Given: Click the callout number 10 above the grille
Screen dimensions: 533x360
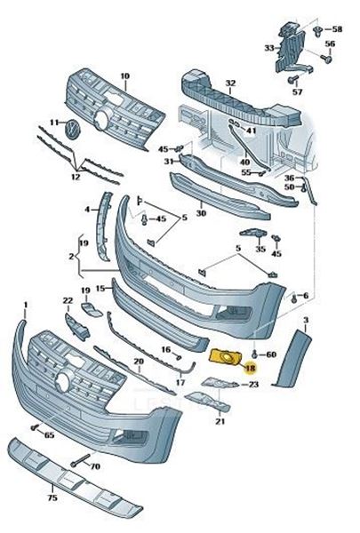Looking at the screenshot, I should tap(124, 76).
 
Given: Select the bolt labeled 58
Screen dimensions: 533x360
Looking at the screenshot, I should tap(317, 31).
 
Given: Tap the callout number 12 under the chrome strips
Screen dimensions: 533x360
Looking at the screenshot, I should tap(75, 176).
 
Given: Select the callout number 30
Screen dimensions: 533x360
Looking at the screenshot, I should tap(201, 213).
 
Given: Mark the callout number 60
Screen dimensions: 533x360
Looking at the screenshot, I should tap(271, 354).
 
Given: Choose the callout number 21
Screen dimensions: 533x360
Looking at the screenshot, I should tap(220, 421).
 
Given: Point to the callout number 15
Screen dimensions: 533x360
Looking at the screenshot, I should tap(100, 288).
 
